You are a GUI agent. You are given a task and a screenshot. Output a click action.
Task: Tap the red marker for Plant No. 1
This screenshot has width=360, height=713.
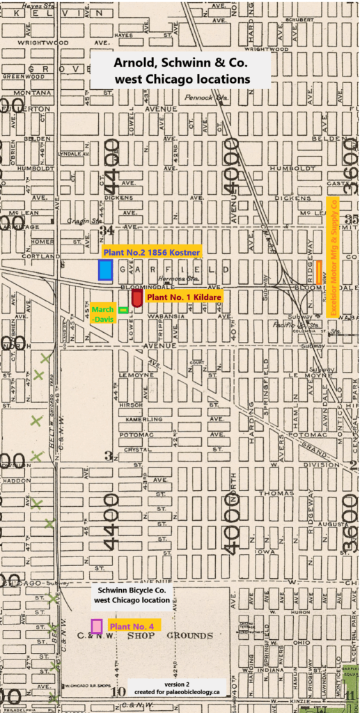pos(137,297)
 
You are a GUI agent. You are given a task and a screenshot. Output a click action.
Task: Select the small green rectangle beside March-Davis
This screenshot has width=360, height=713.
pos(123,310)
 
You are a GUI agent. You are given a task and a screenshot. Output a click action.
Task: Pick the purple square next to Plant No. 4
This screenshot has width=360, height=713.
pos(96,626)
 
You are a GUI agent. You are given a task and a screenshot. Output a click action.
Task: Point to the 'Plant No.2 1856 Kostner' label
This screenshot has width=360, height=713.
pos(151,251)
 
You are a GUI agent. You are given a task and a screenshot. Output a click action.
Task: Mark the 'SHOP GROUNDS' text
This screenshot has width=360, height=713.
pos(185,636)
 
